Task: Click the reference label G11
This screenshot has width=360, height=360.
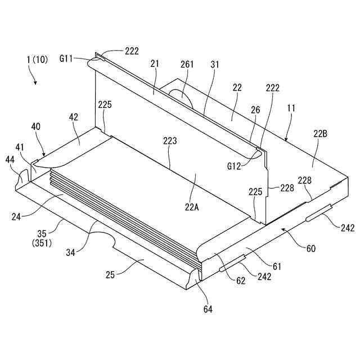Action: [69, 58]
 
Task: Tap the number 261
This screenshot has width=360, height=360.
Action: [187, 65]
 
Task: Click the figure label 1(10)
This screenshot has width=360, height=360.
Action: [39, 59]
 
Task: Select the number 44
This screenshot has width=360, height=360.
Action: [11, 160]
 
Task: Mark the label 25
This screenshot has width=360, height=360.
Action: [111, 275]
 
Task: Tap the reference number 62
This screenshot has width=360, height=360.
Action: [241, 281]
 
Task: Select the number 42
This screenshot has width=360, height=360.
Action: [74, 117]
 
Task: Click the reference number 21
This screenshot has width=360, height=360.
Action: [155, 65]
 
